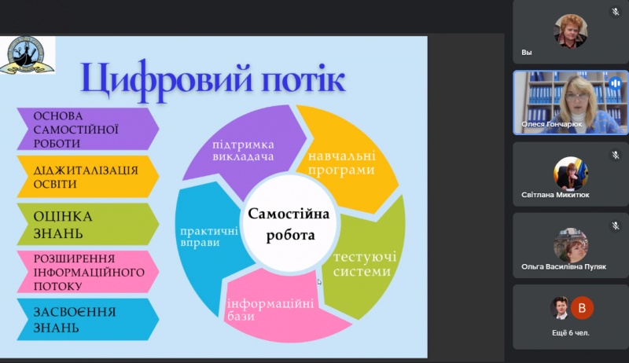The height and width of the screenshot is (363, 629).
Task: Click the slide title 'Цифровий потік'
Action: (x=212, y=79)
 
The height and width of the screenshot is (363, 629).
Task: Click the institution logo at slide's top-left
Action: (x=27, y=55)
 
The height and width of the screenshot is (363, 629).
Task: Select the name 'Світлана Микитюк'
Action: (x=555, y=195)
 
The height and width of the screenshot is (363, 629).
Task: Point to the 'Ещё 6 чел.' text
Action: (x=571, y=332)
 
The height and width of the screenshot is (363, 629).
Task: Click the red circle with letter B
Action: (x=582, y=307)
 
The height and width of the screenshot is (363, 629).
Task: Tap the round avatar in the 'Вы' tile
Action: (x=570, y=30)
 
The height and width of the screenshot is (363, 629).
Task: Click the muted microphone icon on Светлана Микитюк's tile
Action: (x=616, y=155)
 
